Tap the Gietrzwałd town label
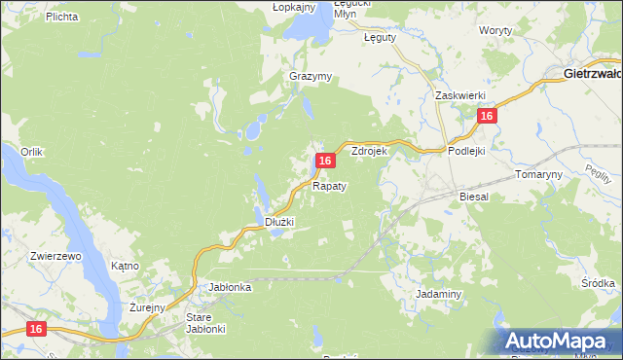tap(593, 73)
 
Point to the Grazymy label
tap(311, 76)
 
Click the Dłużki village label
tap(279, 222)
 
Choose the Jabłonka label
tap(231, 287)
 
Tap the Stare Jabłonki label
tap(205, 323)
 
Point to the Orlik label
tap(33, 152)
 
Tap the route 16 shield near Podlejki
tap(488, 116)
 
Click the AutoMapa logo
tap(559, 340)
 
